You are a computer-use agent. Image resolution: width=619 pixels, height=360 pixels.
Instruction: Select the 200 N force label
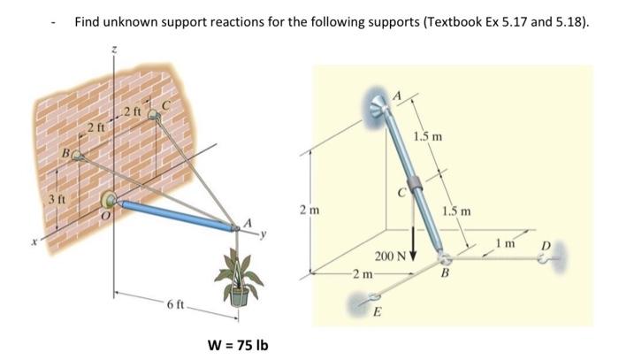point(388,255)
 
